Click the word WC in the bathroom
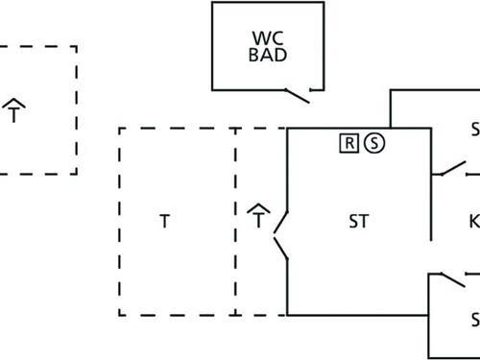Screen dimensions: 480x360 pyautogui.click(x=269, y=38)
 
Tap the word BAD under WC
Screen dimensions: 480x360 pyautogui.click(x=269, y=55)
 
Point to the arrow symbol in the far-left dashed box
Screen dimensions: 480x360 pyautogui.click(x=14, y=109)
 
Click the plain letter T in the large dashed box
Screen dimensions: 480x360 pyautogui.click(x=164, y=222)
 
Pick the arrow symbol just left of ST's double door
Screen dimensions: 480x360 pyautogui.click(x=258, y=215)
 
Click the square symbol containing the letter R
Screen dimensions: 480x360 pyautogui.click(x=349, y=143)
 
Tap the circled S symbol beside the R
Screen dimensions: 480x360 pyautogui.click(x=374, y=143)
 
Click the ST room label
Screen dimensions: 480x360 pyautogui.click(x=358, y=222)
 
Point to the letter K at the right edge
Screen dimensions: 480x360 pyautogui.click(x=473, y=222)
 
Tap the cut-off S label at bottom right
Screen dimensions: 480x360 pyautogui.click(x=474, y=318)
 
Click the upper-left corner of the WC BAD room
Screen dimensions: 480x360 pyautogui.click(x=212, y=3)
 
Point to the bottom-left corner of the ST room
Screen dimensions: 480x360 pyautogui.click(x=288, y=314)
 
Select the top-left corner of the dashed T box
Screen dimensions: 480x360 pyautogui.click(x=120, y=128)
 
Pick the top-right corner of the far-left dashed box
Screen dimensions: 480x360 pyautogui.click(x=77, y=46)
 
